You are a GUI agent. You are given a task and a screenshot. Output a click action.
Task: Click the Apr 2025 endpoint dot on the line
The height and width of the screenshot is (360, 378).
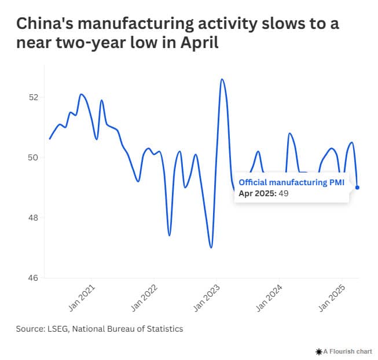coord(358,188)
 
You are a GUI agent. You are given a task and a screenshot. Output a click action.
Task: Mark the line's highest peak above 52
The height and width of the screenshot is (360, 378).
coord(222,79)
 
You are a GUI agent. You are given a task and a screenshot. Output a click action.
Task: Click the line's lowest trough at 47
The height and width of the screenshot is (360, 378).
coord(211,248)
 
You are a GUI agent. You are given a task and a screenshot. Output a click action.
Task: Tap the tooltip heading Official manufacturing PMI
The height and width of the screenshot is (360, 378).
coord(291,183)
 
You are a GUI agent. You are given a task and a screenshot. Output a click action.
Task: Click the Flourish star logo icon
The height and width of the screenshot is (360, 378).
coord(318,351)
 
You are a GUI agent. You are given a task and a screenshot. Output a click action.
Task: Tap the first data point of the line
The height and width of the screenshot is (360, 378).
coord(50,139)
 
